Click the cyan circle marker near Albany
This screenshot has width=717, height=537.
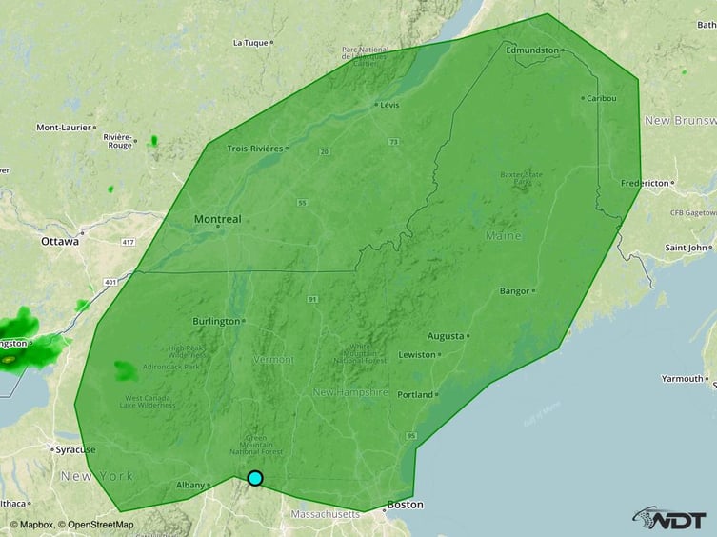tap(255, 478)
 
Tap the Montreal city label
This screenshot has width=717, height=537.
tap(217, 219)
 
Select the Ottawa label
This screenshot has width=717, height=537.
tap(59, 242)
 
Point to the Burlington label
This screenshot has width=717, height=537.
tap(216, 321)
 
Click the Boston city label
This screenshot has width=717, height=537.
tap(405, 505)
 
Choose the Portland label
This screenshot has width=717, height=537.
tap(415, 394)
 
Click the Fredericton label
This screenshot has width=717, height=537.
tap(644, 182)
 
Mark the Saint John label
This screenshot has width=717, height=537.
tap(687, 248)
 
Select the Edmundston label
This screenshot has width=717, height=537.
tap(531, 50)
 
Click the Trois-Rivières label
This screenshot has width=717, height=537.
tap(254, 148)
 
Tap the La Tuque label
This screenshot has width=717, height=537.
tap(250, 43)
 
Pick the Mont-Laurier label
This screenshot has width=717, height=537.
tap(64, 127)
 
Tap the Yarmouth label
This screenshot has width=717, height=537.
tap(683, 379)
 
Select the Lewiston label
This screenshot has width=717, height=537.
tap(416, 354)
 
